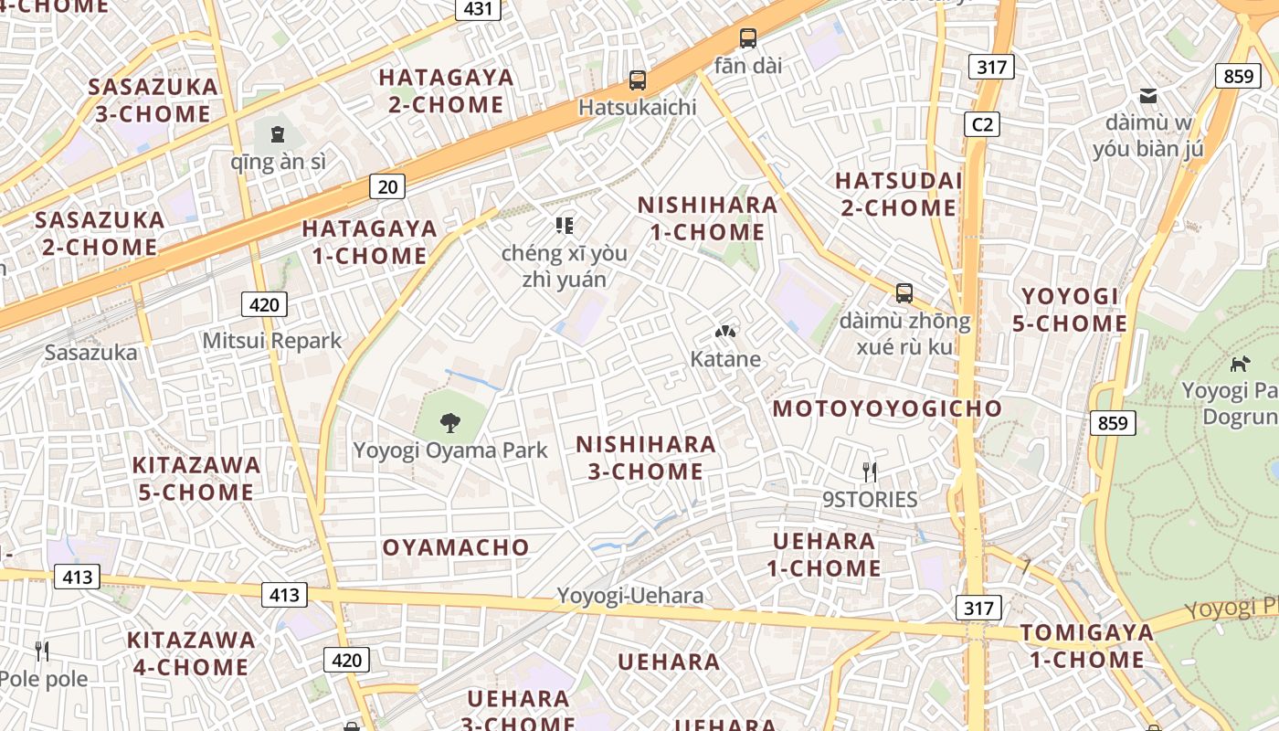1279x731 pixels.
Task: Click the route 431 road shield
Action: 478,9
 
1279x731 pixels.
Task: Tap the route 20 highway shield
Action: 387,187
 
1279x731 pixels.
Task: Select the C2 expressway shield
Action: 982,123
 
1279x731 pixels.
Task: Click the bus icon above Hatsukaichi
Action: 638,80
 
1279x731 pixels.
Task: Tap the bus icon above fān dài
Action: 748,38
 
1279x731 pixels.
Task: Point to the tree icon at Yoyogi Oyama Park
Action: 449,422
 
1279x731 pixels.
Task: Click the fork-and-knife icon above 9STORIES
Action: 870,471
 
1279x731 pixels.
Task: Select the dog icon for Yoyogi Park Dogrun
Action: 1240,364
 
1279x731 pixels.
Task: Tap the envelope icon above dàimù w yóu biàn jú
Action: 1148,95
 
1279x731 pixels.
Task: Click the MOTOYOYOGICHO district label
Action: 887,408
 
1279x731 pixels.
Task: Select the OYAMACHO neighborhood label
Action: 456,547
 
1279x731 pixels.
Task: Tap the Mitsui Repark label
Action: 271,341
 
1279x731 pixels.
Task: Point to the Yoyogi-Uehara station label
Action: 630,596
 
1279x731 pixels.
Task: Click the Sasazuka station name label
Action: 91,352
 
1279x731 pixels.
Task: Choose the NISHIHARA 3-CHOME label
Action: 646,458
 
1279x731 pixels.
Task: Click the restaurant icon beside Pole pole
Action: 42,651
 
